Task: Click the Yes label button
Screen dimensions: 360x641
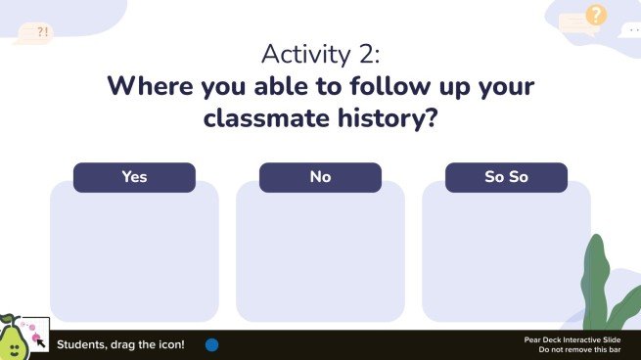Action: [x=134, y=177]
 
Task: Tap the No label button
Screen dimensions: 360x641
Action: [x=320, y=177]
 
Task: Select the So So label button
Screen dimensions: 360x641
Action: [x=506, y=177]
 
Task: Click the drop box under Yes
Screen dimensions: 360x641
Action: [x=134, y=256]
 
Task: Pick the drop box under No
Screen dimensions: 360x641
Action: [x=320, y=256]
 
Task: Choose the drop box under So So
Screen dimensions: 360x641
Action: [x=506, y=256]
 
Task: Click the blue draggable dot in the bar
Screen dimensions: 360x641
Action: [x=211, y=344]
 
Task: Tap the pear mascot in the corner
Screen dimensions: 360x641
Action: [x=12, y=340]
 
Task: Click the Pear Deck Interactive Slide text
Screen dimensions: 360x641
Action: [x=572, y=339]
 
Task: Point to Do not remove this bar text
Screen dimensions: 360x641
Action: [x=579, y=349]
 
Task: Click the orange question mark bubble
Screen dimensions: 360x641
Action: [x=596, y=15]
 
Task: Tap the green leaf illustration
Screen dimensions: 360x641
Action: [x=599, y=284]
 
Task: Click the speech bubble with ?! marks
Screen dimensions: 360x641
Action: [x=36, y=32]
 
